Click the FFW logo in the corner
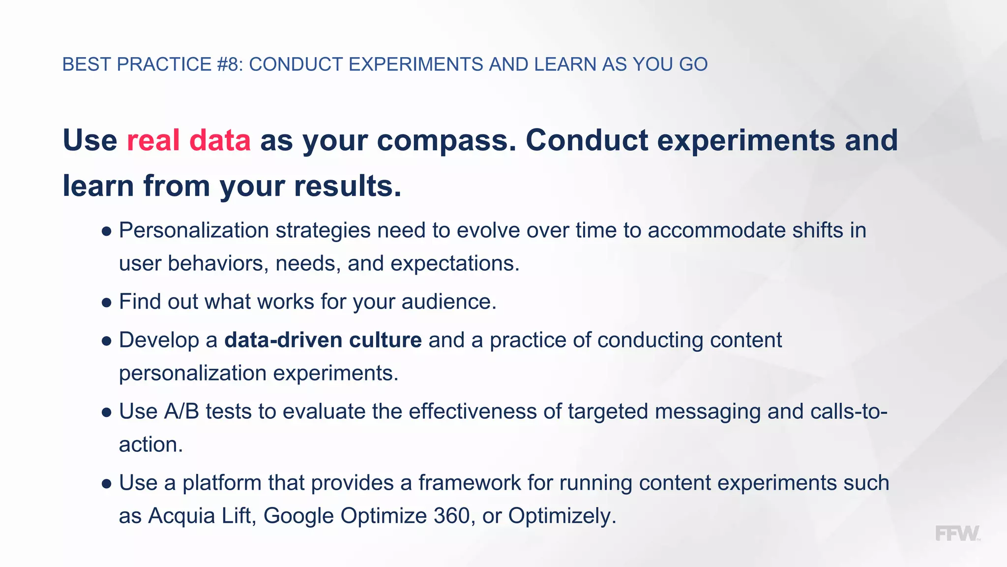coord(957,534)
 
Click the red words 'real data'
coord(189,140)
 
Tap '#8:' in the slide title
coord(230,64)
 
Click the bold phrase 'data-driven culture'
coord(323,340)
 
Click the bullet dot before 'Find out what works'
coord(107,303)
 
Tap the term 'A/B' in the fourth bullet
coord(181,411)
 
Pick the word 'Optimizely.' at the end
coord(562,516)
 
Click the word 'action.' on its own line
coord(151,444)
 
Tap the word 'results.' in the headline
coord(348,186)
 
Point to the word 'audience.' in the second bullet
coord(449,302)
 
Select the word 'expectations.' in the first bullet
coord(455,264)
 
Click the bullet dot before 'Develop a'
coord(107,341)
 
